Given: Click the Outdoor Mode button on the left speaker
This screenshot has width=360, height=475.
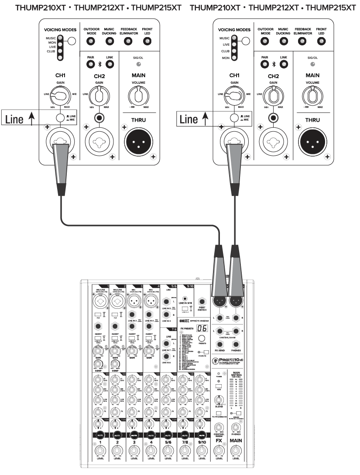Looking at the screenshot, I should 91,41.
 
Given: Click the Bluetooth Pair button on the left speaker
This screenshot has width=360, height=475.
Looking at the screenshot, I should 91,65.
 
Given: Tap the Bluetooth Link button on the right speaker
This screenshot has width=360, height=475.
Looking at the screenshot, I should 284,65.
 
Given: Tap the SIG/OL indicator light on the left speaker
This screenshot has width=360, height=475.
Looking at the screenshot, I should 138,64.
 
